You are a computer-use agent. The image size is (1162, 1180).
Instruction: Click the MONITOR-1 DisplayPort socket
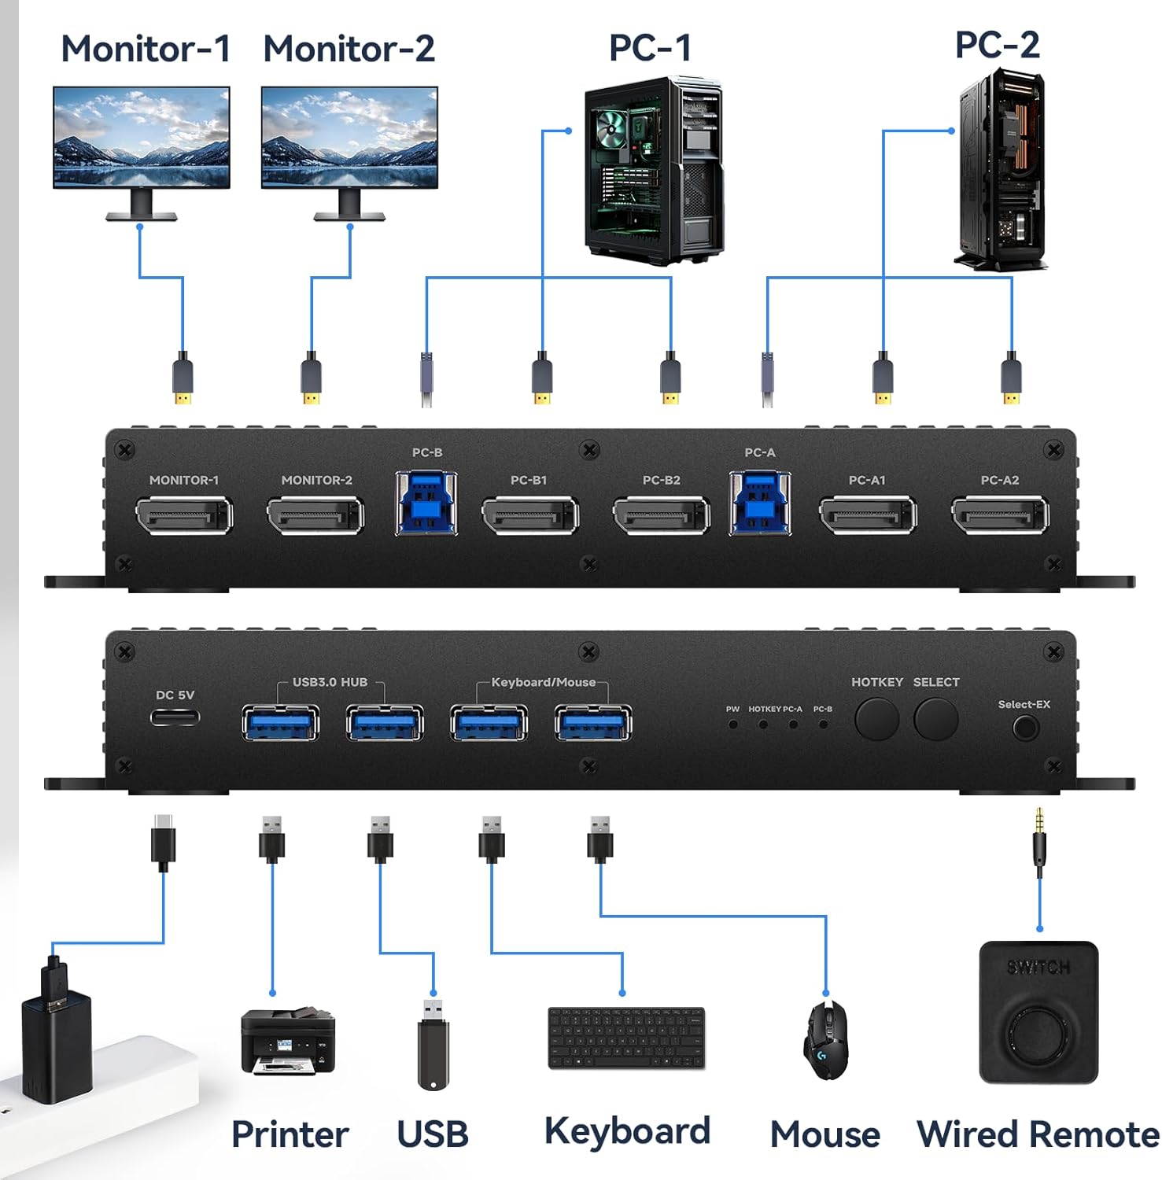(x=184, y=516)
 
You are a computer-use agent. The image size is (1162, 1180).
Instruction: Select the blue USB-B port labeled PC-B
(x=426, y=504)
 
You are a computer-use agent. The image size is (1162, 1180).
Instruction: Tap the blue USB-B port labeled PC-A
(x=760, y=504)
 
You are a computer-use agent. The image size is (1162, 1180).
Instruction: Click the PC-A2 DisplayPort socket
(x=1000, y=516)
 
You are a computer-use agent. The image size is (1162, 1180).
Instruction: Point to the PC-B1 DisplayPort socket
(x=530, y=516)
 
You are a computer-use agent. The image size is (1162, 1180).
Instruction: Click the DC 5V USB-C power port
(x=175, y=717)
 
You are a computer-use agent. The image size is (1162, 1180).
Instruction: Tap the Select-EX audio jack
(x=1024, y=728)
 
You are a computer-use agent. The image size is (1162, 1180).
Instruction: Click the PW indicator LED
(x=732, y=724)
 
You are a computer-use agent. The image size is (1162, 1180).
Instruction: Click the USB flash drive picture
(x=433, y=1045)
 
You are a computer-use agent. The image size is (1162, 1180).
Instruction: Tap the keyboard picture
(x=626, y=1038)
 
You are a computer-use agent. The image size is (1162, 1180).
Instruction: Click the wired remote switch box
(x=1038, y=1013)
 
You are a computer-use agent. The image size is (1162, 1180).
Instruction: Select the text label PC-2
(x=997, y=45)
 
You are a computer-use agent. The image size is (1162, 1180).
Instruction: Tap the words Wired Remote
(x=1038, y=1134)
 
